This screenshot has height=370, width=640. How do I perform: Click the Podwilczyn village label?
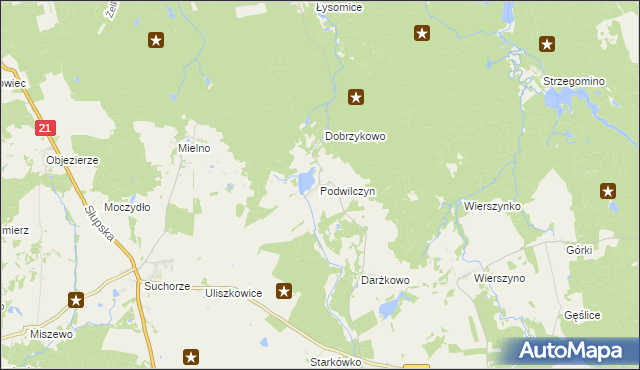tap(348, 190)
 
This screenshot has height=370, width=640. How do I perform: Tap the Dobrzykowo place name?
tap(355, 137)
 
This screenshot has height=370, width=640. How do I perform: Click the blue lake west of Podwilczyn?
tap(302, 182)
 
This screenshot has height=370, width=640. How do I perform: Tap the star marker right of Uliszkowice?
tap(284, 291)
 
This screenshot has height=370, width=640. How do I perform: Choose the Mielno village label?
tap(194, 148)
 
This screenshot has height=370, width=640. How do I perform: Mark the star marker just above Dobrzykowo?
tap(355, 97)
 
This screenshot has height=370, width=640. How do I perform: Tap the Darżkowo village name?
tap(385, 281)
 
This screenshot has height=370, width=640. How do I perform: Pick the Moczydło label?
tap(127, 207)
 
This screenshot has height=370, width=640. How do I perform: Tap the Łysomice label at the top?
tap(338, 7)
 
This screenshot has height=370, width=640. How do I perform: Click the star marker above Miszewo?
tap(76, 299)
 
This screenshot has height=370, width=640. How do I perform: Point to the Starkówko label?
tap(335, 362)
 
